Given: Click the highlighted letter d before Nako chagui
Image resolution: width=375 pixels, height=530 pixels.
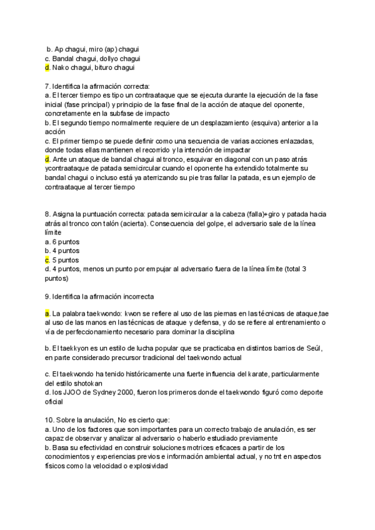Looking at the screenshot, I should [x=47, y=67].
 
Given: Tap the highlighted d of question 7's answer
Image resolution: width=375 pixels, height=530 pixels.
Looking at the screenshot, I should [x=47, y=159].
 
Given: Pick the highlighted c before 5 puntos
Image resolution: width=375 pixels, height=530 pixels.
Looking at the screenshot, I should [x=47, y=259].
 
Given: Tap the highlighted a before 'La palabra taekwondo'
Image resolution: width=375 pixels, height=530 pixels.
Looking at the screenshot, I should [x=47, y=312].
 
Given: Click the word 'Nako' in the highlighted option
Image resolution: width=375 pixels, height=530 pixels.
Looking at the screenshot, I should [x=63, y=67].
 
